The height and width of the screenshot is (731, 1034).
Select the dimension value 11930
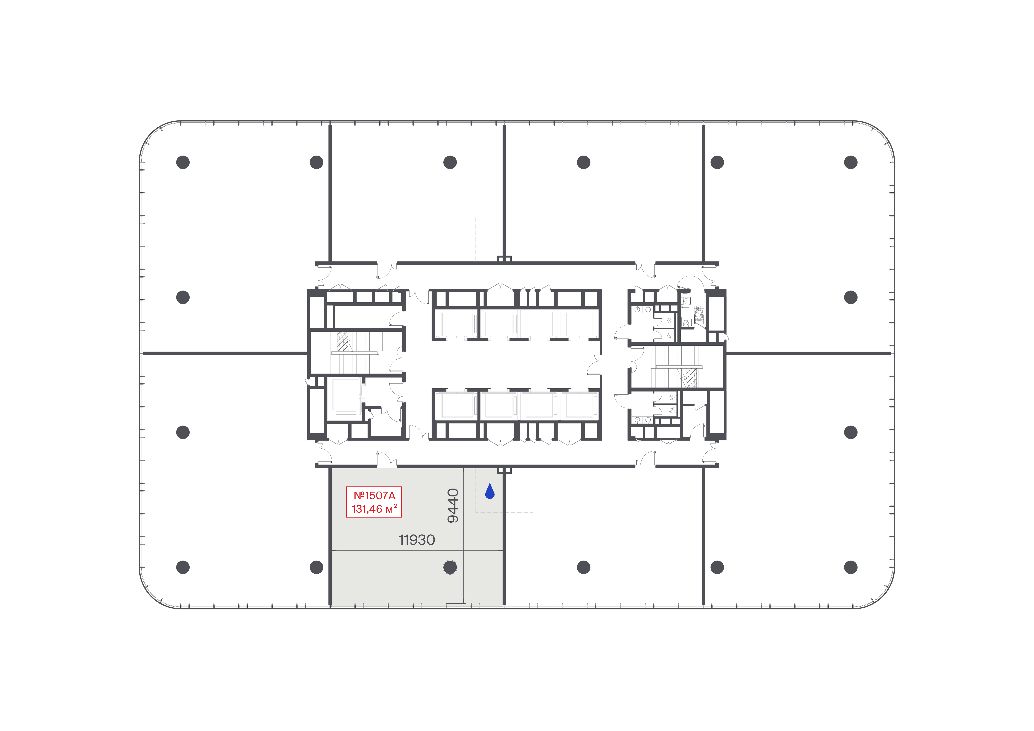pos(417,540)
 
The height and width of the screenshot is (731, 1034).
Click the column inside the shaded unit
pos(450,567)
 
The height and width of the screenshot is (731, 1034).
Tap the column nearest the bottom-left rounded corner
pos(183,567)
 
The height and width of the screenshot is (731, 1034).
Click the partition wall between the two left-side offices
pos(225,353)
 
